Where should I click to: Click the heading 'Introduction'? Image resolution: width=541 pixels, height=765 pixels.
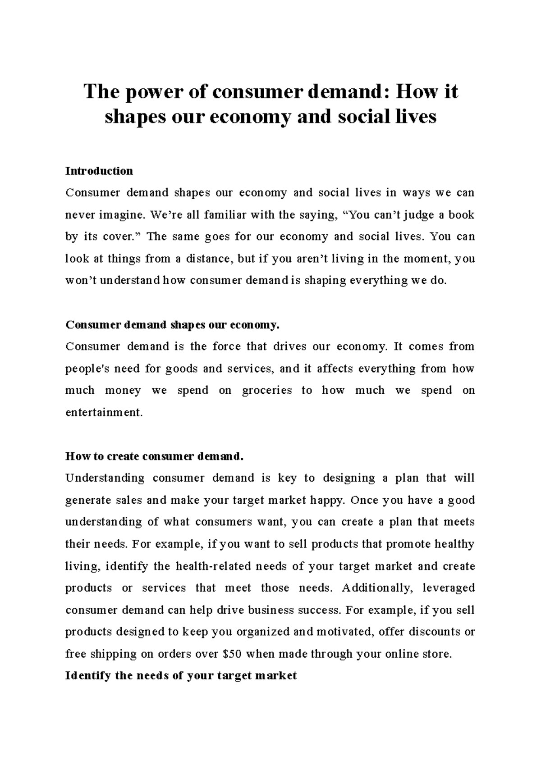(x=99, y=171)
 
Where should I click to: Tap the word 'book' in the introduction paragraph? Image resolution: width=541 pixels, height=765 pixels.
(x=462, y=215)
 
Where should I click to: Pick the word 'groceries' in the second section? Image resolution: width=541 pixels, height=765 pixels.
(x=267, y=391)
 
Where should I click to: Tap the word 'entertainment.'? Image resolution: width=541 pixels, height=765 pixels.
(x=104, y=413)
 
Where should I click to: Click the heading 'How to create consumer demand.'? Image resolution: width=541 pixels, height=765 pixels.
(x=154, y=456)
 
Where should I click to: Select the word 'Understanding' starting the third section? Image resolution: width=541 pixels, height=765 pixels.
(x=105, y=478)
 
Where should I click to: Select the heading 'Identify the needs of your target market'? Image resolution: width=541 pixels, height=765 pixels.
(x=181, y=676)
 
